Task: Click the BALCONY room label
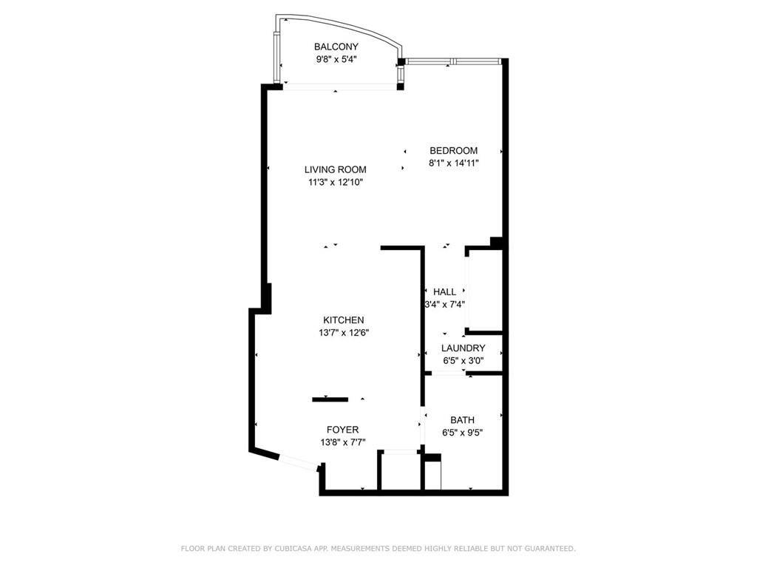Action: pos(336,47)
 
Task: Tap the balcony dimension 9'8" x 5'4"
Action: pos(336,59)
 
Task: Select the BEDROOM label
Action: pos(453,151)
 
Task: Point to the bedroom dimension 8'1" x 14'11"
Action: pos(454,163)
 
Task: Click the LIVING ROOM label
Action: pos(335,169)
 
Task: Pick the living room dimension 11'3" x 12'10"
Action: pos(336,181)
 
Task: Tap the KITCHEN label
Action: pos(343,320)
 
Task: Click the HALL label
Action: pos(444,292)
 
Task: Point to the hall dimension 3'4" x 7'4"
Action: pos(444,304)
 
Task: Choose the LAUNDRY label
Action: pos(463,348)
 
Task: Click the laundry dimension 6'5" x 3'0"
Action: pos(463,360)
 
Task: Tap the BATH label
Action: pos(463,420)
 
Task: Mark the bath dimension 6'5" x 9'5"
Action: pos(463,432)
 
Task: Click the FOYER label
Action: pos(342,430)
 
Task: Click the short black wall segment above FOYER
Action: pos(330,399)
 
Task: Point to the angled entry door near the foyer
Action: pos(298,462)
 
